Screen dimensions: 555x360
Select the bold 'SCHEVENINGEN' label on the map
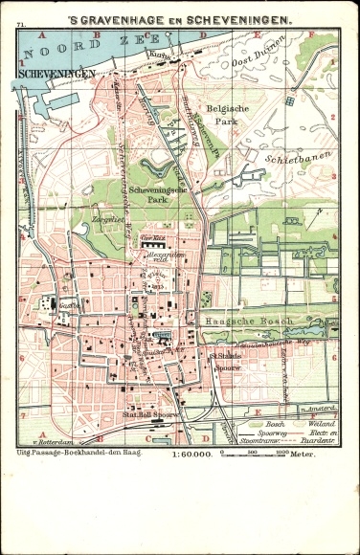coord(50,71)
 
